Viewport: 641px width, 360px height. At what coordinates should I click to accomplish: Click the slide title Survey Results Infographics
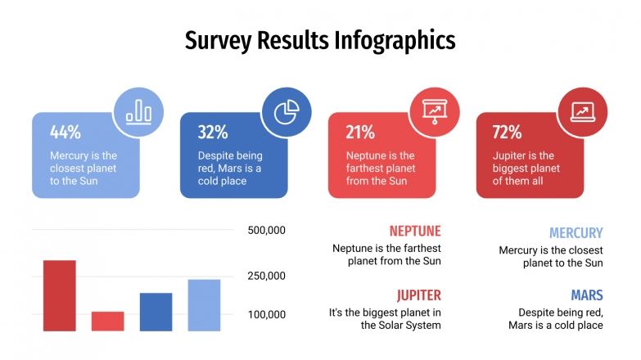[320, 40]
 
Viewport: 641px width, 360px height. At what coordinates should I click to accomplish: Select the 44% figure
[65, 133]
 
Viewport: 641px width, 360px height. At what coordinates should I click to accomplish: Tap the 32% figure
[213, 133]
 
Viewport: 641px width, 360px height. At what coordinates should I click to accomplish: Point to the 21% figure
[360, 133]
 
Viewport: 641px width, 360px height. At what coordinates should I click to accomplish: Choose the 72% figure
[508, 133]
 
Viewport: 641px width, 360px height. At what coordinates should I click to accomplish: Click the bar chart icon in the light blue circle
[138, 112]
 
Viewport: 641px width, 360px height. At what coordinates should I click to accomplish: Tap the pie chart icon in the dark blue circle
[287, 112]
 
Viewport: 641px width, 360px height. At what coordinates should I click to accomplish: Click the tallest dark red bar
[59, 295]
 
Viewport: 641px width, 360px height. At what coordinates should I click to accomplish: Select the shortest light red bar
[107, 321]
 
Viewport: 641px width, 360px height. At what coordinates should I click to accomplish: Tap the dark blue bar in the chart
[156, 312]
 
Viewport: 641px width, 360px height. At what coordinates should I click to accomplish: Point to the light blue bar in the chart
[204, 305]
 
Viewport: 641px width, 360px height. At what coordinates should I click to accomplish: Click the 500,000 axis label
[266, 231]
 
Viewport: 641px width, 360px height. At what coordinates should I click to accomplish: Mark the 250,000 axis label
[266, 277]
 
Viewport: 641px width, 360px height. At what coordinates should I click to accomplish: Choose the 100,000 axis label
[266, 315]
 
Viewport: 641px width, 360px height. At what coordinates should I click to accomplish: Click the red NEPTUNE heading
[415, 232]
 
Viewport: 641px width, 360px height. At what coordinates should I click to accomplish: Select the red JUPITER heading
[418, 295]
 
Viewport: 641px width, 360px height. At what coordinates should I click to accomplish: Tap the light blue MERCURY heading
[576, 233]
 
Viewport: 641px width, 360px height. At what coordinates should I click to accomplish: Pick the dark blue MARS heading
[586, 295]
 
